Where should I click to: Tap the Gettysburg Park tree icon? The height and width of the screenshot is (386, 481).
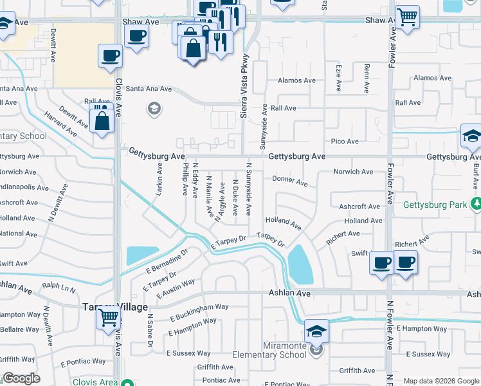click(x=475, y=205)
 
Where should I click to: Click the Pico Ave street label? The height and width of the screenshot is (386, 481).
click(x=344, y=141)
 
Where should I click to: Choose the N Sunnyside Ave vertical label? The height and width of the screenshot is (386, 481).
click(x=249, y=188)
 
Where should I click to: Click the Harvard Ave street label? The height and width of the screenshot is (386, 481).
click(x=60, y=124)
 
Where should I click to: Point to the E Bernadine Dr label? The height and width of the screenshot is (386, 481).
click(x=166, y=261)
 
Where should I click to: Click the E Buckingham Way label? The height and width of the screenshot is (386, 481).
click(x=199, y=313)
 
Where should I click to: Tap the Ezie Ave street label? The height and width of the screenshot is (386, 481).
click(x=339, y=77)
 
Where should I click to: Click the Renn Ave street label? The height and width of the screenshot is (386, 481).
click(x=367, y=77)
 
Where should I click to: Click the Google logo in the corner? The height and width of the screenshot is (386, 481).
click(x=21, y=378)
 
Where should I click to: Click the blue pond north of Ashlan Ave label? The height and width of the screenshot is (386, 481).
click(x=300, y=264)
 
